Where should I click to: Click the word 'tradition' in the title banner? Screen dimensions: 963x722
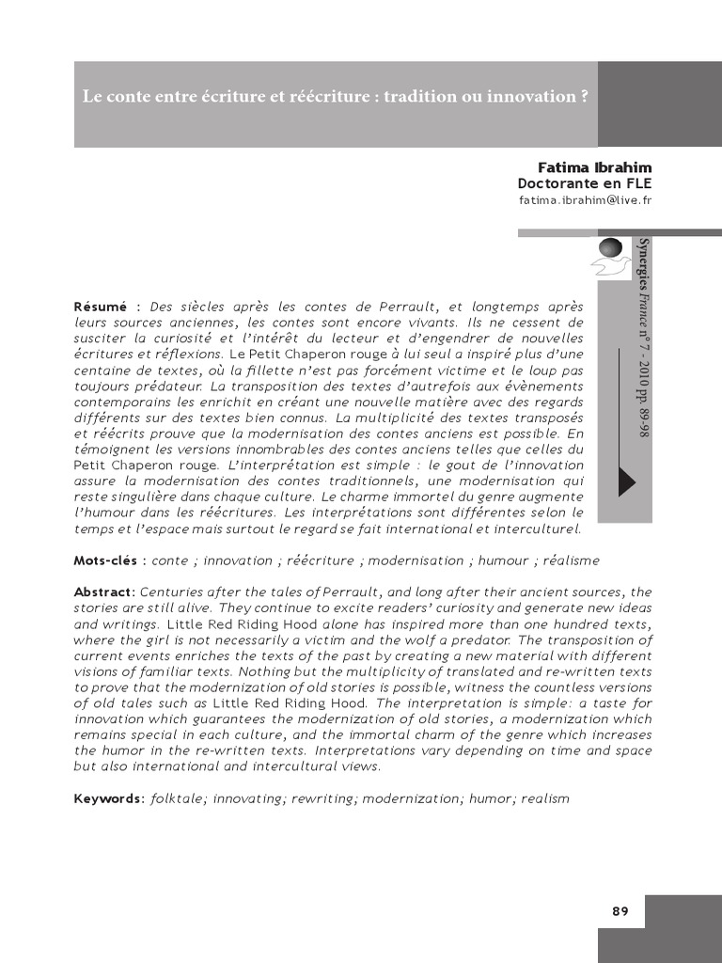pos(430,97)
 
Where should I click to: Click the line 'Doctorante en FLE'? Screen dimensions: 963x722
pos(584,183)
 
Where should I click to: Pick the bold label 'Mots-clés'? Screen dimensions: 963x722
pos(106,560)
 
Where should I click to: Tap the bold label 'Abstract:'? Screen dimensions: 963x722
pos(105,592)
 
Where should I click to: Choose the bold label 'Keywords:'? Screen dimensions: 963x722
pos(109,798)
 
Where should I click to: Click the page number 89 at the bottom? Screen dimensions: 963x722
pos(620,911)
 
